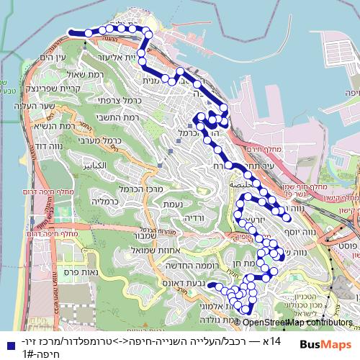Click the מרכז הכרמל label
(138, 189)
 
